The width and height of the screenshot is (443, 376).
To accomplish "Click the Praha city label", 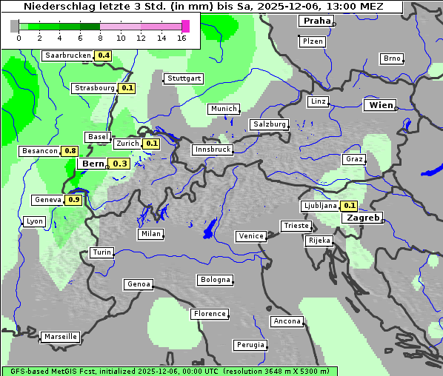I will (x=316, y=21).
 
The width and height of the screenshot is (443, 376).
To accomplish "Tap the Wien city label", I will (x=380, y=105).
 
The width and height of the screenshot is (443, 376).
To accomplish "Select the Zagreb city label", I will (x=362, y=218).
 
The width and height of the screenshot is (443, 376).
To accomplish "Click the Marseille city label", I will (x=60, y=336).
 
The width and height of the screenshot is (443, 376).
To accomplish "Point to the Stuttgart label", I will (x=183, y=78).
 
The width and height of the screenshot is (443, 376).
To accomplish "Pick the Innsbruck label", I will (x=213, y=150).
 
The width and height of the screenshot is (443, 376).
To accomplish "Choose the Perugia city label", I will (x=250, y=345).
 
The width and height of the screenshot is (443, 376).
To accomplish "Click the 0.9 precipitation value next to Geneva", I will (x=74, y=200).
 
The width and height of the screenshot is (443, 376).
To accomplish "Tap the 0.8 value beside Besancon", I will (x=70, y=151).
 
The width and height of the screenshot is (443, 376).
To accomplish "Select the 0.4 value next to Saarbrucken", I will (x=104, y=56).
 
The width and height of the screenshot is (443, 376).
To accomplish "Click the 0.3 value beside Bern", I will (x=120, y=164).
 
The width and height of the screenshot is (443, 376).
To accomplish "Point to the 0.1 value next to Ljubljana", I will (x=350, y=206).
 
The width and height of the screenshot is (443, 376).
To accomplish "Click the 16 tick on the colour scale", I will (x=181, y=38).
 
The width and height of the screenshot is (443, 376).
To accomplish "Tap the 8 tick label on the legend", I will (x=100, y=38).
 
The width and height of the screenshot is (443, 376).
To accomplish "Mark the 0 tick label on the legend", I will (x=19, y=38).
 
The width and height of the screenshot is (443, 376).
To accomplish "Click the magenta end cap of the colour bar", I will (x=185, y=26).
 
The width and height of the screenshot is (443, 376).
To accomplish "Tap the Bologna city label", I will (x=215, y=280).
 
